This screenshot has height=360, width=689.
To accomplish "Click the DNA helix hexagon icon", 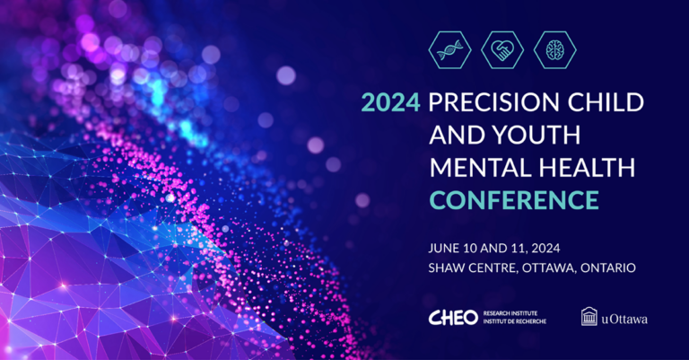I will coord(449,50).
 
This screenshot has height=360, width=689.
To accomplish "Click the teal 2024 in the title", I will coord(390,102).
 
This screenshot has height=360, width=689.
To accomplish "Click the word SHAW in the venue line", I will coord(449,267).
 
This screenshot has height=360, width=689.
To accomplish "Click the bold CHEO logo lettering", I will coord(454,317).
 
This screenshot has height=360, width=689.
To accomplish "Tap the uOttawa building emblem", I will coord(589,316).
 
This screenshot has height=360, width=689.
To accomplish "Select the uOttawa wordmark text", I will coord(625,318).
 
